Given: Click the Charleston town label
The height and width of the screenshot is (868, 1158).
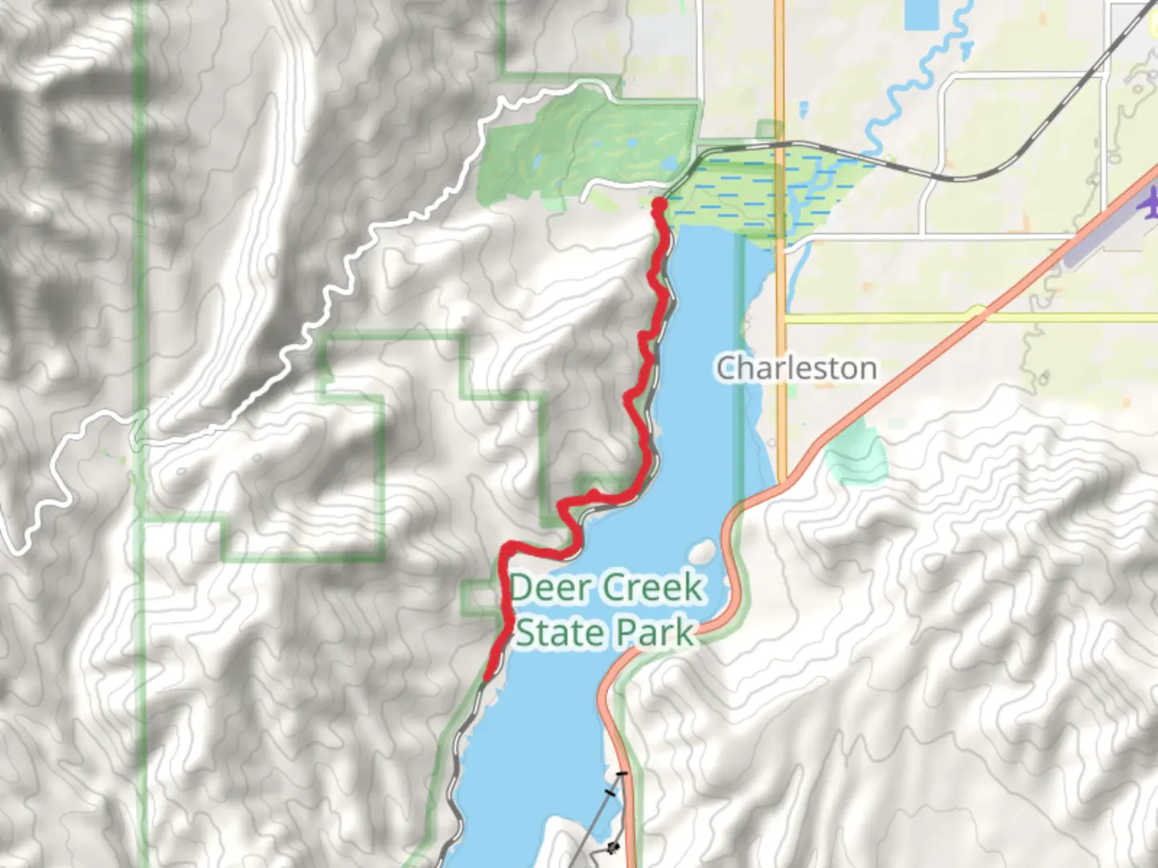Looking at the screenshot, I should point(796,368).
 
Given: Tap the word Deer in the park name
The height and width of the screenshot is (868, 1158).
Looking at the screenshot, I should point(548,588).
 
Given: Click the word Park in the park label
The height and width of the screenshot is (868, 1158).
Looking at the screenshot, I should point(653,633).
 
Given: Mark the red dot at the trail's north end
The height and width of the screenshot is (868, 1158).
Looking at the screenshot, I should point(659,206).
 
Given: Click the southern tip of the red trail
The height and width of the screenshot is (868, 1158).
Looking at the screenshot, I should point(487,678).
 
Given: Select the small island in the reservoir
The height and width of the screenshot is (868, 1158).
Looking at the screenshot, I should point(701,551).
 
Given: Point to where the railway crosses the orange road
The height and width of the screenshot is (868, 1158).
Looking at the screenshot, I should point(778,145).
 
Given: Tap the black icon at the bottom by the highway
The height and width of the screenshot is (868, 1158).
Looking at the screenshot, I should point(614,847).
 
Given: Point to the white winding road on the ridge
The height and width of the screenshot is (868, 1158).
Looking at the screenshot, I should point(338,289).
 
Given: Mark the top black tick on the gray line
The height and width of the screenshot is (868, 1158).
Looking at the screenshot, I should point(621,775).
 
